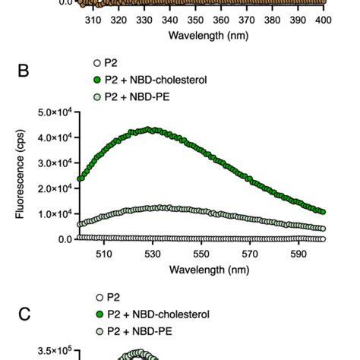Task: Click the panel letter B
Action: point(24,74)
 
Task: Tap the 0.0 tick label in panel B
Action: point(64,238)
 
